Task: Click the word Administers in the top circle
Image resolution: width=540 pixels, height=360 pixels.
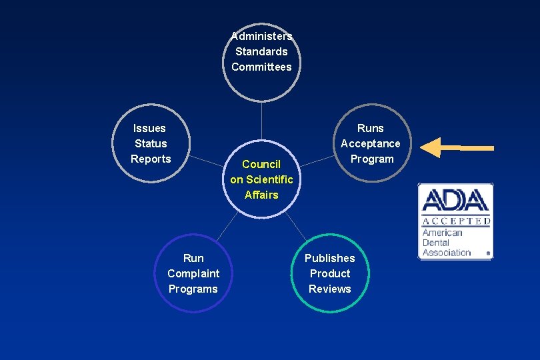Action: (x=261, y=36)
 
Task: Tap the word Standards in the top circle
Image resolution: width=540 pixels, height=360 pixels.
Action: (x=261, y=51)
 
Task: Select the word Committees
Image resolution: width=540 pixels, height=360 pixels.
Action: (x=261, y=67)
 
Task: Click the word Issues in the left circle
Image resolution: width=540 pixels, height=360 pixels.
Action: (x=149, y=128)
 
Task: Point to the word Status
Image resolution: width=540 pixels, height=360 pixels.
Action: (x=151, y=143)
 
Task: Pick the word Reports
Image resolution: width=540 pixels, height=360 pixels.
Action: (x=151, y=159)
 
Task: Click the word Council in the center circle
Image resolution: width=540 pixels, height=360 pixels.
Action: (x=261, y=164)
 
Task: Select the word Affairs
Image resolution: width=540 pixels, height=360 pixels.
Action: (x=261, y=195)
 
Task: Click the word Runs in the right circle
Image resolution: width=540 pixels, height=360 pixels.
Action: (x=371, y=128)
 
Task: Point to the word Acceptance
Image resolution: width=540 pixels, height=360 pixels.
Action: (x=371, y=143)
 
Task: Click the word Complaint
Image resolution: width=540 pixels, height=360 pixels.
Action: (x=193, y=273)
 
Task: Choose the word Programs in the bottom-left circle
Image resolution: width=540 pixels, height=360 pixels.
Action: (x=193, y=289)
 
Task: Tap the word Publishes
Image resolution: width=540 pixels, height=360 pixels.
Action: (x=330, y=258)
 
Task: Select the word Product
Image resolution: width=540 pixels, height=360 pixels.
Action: (x=330, y=273)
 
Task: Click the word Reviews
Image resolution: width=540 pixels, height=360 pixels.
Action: (x=330, y=289)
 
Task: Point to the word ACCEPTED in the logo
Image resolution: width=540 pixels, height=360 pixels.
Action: (x=456, y=221)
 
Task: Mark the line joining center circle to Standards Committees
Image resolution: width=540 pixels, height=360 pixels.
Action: (x=261, y=123)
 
